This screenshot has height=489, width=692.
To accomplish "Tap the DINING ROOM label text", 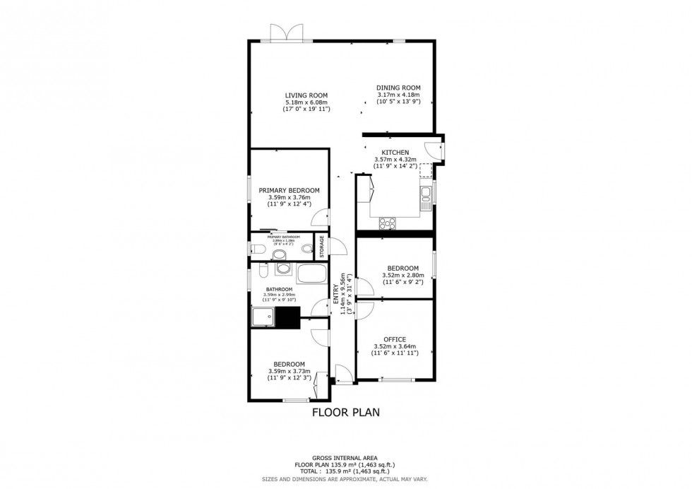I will [x=398, y=88].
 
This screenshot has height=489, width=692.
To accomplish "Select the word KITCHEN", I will [x=395, y=153].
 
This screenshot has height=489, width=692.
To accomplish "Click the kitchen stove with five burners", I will [x=388, y=223].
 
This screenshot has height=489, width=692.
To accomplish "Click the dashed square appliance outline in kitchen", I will [x=426, y=170].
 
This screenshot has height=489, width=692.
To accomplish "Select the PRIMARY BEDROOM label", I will [x=289, y=191].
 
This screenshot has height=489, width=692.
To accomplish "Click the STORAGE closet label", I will [x=321, y=247].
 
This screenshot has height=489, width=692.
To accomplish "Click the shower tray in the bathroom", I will [x=263, y=316].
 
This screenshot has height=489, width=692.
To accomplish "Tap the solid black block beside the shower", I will [x=288, y=316].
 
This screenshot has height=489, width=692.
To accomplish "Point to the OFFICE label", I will [x=395, y=339].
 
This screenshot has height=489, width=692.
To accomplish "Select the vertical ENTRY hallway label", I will [x=336, y=293].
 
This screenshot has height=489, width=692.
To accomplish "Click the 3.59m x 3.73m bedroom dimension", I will [x=289, y=372].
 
